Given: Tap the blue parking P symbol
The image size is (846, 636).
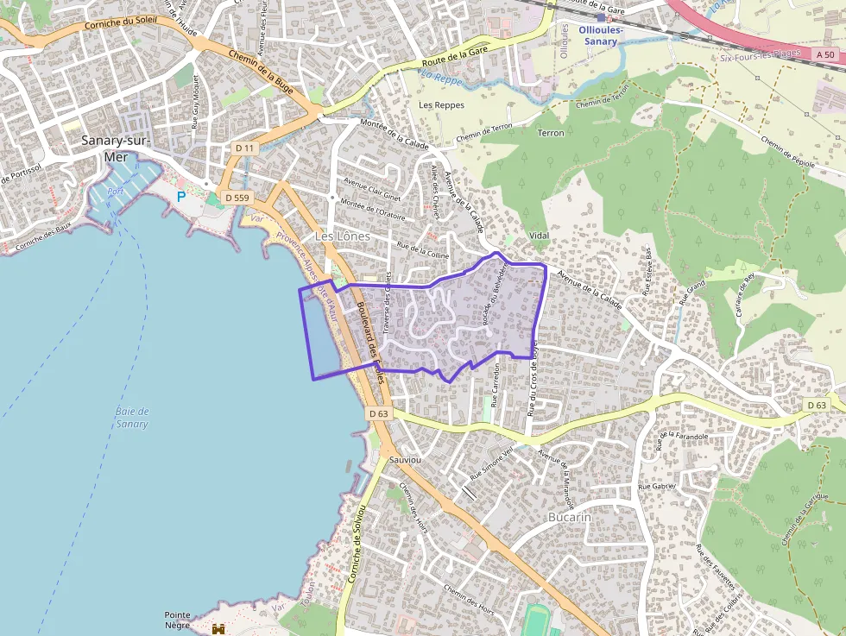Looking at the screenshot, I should coord(181,197).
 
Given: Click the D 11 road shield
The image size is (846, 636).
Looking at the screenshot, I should coord(245,148).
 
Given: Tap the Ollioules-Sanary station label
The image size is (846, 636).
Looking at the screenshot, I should coord(601,35).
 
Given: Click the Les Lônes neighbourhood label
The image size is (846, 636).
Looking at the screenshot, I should coord(342,236).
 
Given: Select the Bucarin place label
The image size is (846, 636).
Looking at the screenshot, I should coord(570,517).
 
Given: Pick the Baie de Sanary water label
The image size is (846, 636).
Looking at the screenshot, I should coord(132,418).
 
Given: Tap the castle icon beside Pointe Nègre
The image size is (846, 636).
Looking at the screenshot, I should coord(218,629).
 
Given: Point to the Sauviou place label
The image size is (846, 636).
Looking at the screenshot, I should coord(405,461).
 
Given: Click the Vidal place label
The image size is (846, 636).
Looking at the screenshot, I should coord(539,236).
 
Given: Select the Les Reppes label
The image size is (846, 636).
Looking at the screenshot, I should coord(441,105).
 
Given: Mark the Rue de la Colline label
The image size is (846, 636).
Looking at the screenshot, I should coord(423,251).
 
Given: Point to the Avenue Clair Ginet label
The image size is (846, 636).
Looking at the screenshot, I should coord(372,188).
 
